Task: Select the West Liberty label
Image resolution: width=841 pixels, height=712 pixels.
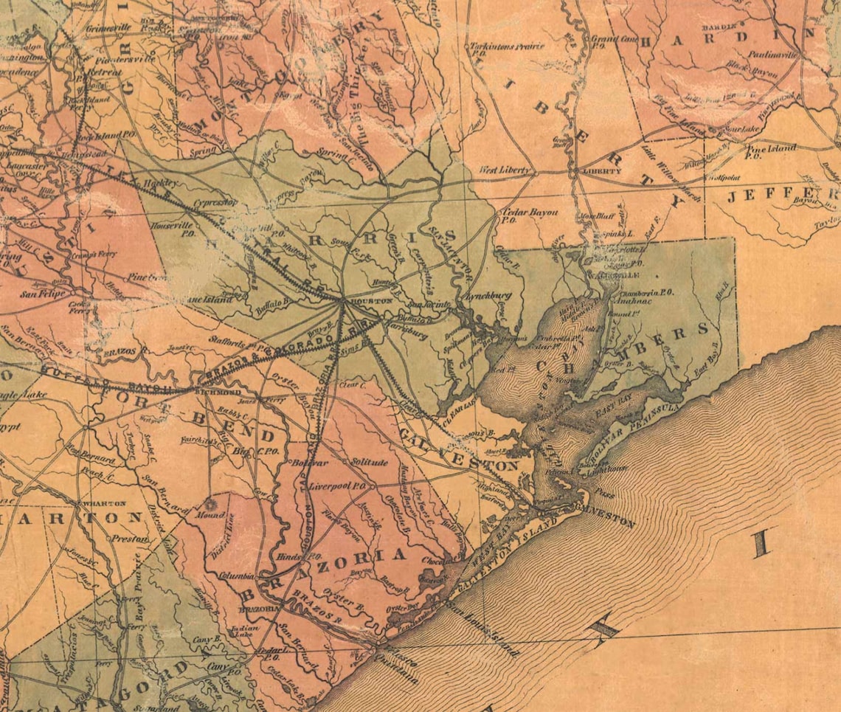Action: (505, 170)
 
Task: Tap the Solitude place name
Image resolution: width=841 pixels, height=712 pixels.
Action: (369, 462)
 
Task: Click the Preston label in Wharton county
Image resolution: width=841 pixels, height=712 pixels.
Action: (130, 539)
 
